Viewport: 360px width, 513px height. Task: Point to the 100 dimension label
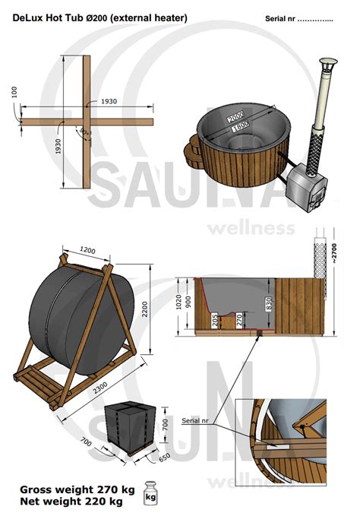[x=14, y=92]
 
